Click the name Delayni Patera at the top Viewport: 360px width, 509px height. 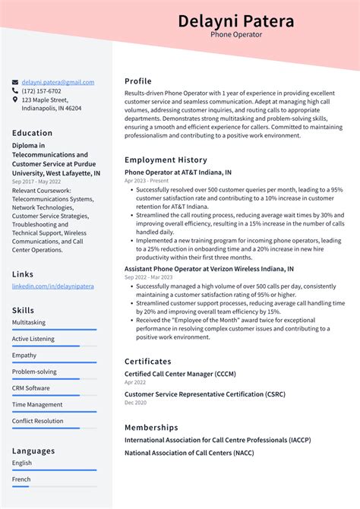[235, 21]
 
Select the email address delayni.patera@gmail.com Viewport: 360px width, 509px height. [58, 82]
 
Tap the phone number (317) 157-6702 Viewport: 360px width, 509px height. [42, 91]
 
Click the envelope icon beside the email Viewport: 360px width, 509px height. [15, 82]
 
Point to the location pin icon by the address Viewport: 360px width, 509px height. [15, 100]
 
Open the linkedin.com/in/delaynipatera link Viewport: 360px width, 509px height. [52, 286]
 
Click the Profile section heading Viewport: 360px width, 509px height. [138, 81]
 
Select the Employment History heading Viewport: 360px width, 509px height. [166, 160]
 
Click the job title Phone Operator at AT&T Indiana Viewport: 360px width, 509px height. [178, 172]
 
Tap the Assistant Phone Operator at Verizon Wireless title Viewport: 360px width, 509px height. [209, 269]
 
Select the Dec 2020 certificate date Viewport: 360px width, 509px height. [135, 403]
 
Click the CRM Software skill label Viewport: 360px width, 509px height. [31, 388]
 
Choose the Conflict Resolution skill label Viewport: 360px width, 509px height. [38, 421]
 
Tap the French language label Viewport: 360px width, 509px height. [22, 479]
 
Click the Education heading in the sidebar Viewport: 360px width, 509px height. [33, 133]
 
